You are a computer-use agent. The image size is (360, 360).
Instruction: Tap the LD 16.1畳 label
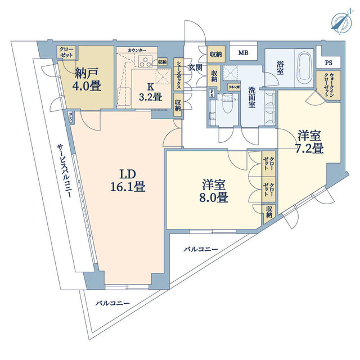[x=128, y=180]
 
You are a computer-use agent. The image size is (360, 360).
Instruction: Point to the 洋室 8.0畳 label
[x=215, y=191]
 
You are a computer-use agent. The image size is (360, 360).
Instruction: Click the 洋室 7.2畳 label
[x=310, y=142]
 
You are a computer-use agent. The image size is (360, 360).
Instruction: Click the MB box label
[x=243, y=53]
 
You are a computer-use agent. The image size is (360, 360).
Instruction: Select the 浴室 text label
[x=280, y=66]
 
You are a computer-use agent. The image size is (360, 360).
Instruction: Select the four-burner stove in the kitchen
[x=145, y=62]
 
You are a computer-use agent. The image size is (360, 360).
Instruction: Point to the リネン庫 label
[x=233, y=87]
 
